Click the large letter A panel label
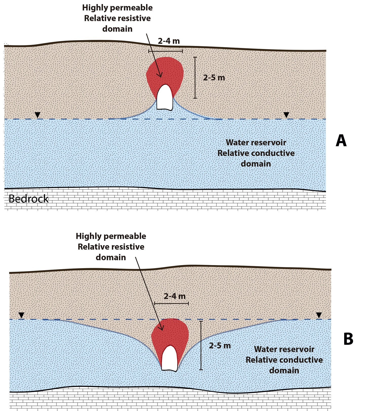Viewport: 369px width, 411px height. (x=341, y=141)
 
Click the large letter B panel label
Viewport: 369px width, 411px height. (x=348, y=339)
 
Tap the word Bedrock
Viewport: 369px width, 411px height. (x=28, y=199)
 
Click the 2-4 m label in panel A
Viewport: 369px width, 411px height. (x=169, y=41)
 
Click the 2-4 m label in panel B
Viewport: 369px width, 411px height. (x=174, y=296)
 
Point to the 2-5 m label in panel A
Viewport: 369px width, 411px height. (x=214, y=78)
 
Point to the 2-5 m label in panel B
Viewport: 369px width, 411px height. (x=220, y=346)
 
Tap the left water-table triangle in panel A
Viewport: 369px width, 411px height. (x=37, y=115)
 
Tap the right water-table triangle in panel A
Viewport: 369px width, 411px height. (x=286, y=115)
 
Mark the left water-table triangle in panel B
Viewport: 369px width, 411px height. (x=22, y=315)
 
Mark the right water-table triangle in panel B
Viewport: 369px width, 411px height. (x=319, y=315)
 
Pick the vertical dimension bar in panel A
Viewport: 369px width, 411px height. (x=195, y=78)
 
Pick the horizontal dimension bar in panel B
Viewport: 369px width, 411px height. (x=171, y=303)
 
